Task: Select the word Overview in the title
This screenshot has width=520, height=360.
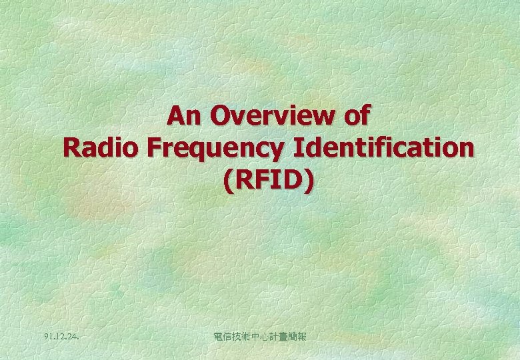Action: pyautogui.click(x=271, y=116)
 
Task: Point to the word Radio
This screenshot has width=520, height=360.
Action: pyautogui.click(x=100, y=147)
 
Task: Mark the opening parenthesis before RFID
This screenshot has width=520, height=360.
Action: pyautogui.click(x=229, y=180)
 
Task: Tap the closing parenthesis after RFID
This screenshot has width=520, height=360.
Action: pyautogui.click(x=307, y=180)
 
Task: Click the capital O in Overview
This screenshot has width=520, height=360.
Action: pyautogui.click(x=221, y=116)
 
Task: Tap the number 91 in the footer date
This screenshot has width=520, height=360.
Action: pyautogui.click(x=44, y=337)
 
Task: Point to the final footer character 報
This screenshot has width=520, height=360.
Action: pyautogui.click(x=301, y=337)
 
